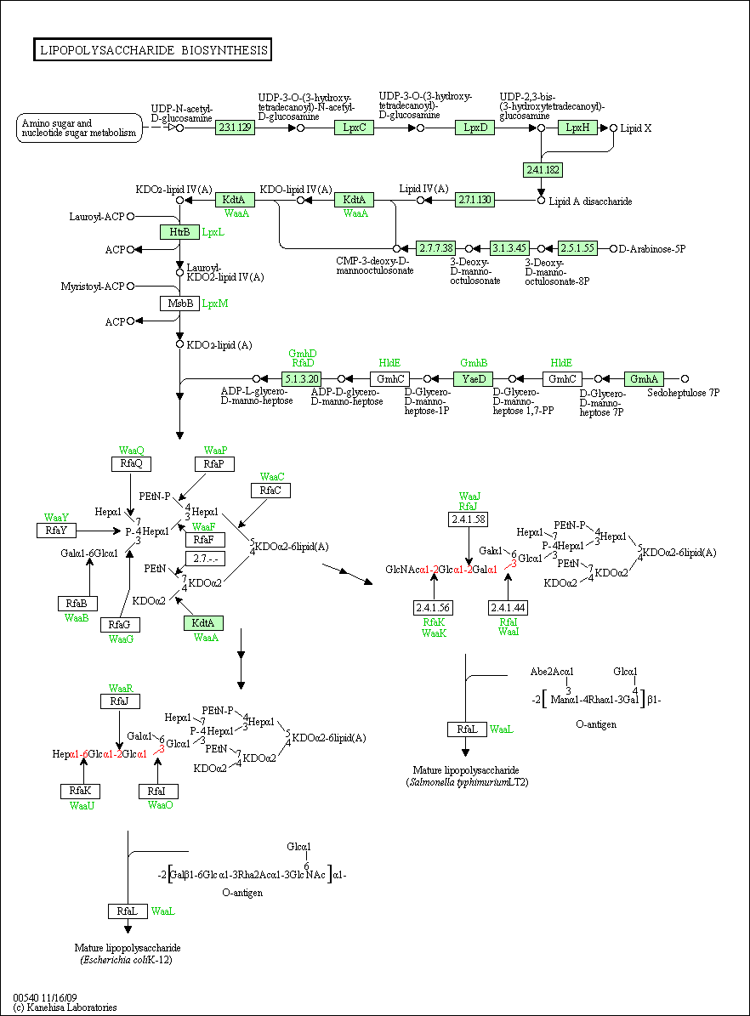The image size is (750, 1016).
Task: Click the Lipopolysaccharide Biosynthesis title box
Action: click(152, 50)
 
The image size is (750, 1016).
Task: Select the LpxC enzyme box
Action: click(354, 128)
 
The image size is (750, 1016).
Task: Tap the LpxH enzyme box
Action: click(578, 128)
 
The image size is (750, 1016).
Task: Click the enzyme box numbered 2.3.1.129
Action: click(236, 128)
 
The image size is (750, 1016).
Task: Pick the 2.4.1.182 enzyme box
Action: click(543, 169)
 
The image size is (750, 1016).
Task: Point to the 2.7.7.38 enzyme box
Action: click(435, 248)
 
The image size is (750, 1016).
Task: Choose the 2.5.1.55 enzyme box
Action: click(577, 248)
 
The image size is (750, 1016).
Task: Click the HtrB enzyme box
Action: click(179, 232)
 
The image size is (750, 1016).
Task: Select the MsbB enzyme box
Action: click(179, 304)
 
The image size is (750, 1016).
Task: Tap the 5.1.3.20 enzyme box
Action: click(302, 378)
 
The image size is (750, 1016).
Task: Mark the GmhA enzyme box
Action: click(644, 378)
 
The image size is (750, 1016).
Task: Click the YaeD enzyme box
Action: click(473, 378)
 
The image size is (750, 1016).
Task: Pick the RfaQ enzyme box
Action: click(132, 463)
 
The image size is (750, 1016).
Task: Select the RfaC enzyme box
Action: click(270, 491)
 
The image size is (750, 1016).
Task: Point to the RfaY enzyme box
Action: click(56, 531)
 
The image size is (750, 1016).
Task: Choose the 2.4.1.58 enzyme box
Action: click(469, 519)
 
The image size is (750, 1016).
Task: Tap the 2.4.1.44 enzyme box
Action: click(509, 608)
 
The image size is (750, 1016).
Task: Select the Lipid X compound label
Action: click(636, 128)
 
